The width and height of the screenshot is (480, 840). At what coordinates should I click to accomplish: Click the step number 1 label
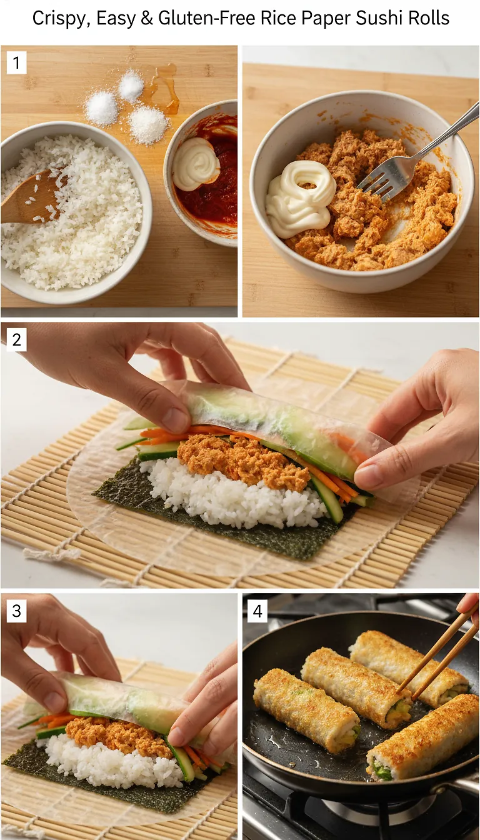[16, 62]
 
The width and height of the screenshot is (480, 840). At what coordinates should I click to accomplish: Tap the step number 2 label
[16, 341]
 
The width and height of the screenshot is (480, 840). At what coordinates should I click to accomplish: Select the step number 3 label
[16, 611]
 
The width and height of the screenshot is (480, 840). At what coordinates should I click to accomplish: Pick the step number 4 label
[257, 611]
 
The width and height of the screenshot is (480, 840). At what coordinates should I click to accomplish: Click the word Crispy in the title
[58, 18]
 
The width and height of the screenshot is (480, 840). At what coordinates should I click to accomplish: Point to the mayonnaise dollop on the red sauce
[196, 164]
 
